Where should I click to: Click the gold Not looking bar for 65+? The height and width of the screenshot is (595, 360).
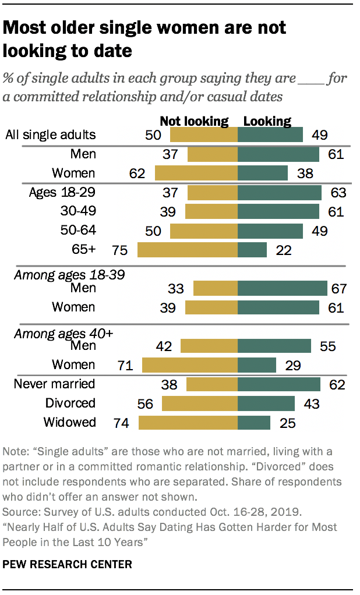click(187, 250)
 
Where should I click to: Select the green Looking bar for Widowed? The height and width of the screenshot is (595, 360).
click(254, 423)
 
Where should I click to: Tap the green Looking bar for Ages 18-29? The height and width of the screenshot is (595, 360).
click(280, 193)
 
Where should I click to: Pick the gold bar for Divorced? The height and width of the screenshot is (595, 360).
click(200, 403)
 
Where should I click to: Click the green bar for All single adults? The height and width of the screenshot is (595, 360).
click(270, 135)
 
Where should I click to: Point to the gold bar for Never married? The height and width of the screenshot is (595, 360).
click(212, 384)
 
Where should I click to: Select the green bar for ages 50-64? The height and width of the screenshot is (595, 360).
click(270, 231)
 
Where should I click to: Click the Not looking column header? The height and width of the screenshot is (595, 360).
click(194, 121)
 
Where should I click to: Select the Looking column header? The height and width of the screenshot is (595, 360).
click(267, 121)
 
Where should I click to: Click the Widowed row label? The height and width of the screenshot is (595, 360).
click(69, 422)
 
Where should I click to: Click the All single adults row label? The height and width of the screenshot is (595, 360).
click(50, 135)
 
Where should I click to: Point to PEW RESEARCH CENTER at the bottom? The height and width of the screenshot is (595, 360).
click(68, 564)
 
